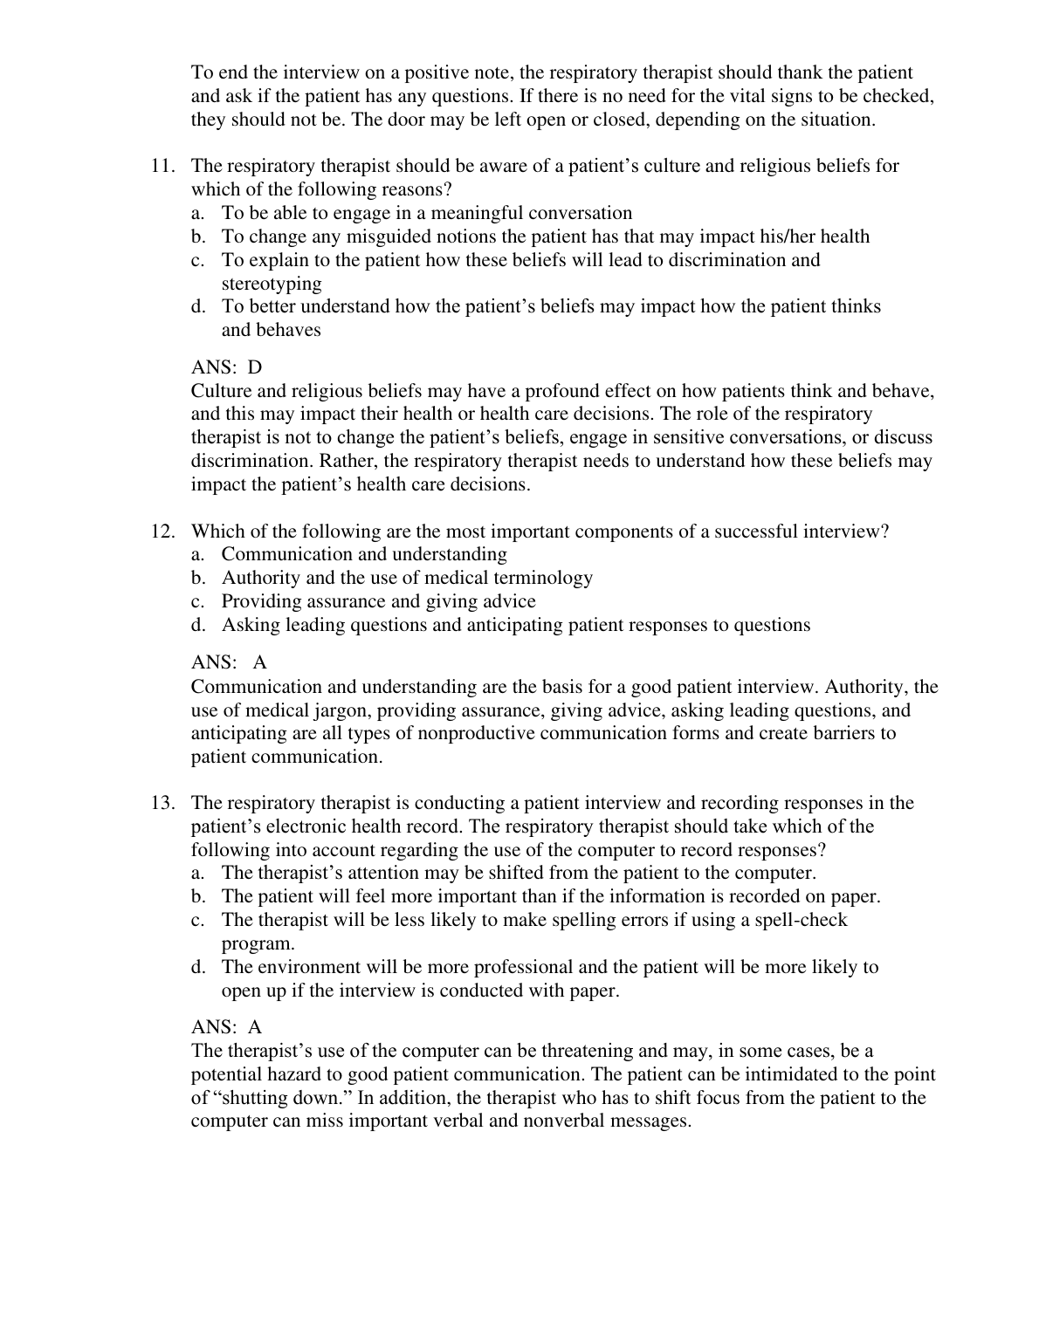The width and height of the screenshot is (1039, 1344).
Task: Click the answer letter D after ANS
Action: tap(255, 368)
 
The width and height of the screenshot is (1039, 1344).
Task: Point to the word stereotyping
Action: tap(272, 284)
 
